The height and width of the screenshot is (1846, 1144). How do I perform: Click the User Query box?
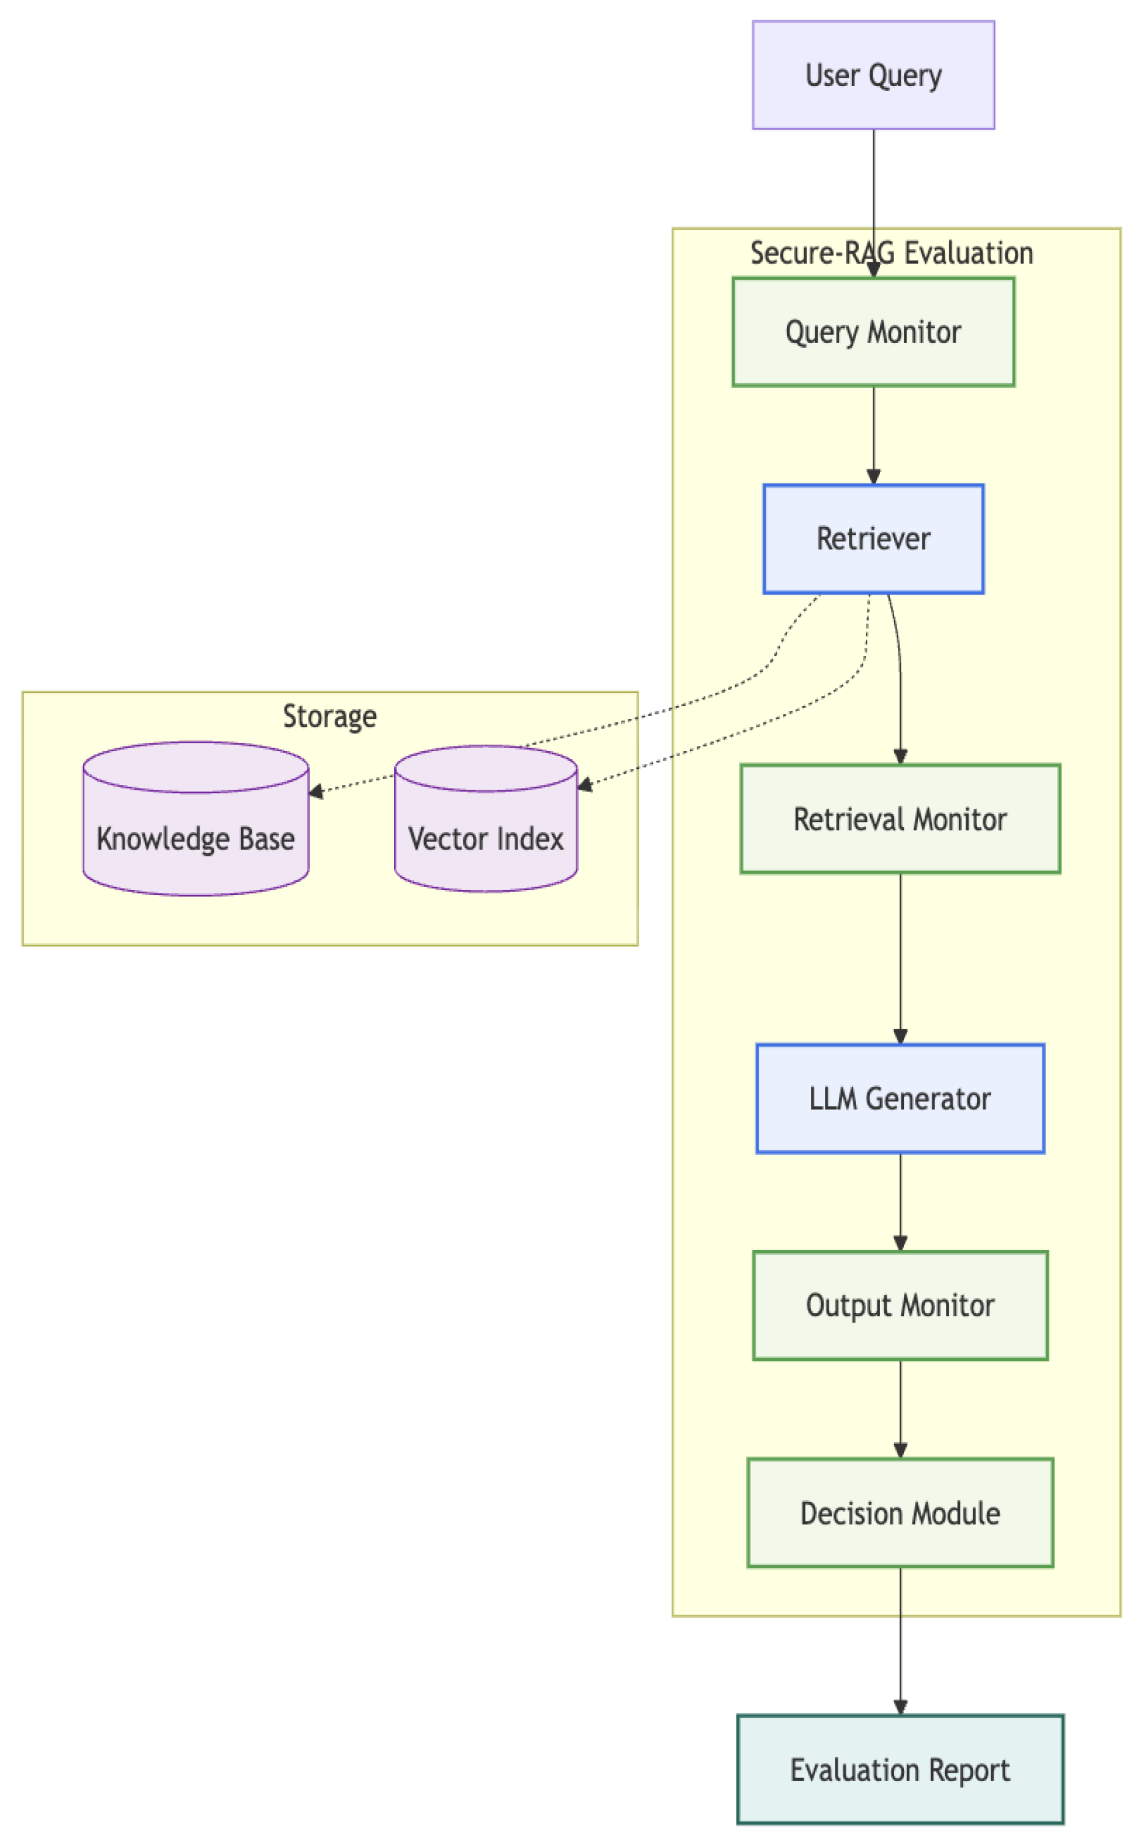pyautogui.click(x=873, y=75)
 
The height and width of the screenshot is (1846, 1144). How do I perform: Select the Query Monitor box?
pyautogui.click(x=873, y=332)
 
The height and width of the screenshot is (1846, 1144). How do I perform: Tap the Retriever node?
pyautogui.click(x=873, y=539)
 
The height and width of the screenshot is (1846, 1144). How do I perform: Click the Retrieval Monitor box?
pyautogui.click(x=900, y=818)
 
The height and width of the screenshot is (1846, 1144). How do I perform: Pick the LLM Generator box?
pyautogui.click(x=900, y=1098)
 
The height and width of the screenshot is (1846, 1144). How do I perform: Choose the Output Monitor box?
pyautogui.click(x=900, y=1305)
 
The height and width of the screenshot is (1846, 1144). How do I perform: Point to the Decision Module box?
pyautogui.click(x=900, y=1512)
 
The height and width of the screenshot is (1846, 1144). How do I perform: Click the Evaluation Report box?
pyautogui.click(x=900, y=1770)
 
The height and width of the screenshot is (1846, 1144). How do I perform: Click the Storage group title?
pyautogui.click(x=329, y=716)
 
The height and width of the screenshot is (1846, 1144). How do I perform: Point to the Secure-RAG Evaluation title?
pyautogui.click(x=891, y=252)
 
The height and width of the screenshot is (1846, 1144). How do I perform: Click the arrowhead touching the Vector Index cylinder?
pyautogui.click(x=584, y=786)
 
